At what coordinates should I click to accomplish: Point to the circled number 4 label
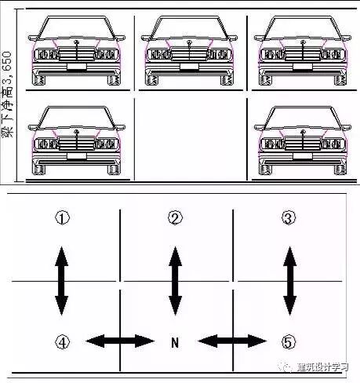click(62, 341)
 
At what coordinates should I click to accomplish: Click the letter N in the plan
click(176, 341)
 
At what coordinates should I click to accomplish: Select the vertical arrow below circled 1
click(62, 279)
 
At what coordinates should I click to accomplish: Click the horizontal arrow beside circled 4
click(119, 341)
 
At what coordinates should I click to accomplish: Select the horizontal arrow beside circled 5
click(233, 341)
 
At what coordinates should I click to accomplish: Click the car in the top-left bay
click(76, 51)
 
